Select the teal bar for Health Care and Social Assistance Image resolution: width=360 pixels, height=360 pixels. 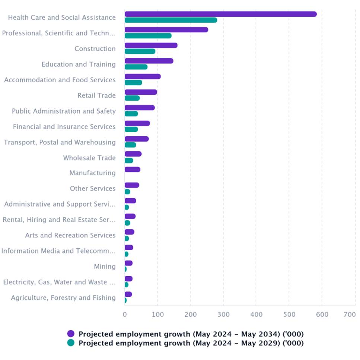(171, 20)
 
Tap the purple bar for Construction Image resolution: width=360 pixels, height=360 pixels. (151, 45)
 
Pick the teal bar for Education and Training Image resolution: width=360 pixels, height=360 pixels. (136, 67)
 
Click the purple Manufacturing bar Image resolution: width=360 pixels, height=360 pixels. (132, 170)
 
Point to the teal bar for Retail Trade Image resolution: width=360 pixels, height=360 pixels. (132, 98)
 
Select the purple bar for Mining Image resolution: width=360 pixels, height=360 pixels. (128, 263)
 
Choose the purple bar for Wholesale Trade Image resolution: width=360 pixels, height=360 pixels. (133, 154)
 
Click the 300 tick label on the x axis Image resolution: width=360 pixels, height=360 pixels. (223, 315)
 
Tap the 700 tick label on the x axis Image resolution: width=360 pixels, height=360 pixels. (350, 315)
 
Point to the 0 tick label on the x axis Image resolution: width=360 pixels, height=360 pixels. (125, 315)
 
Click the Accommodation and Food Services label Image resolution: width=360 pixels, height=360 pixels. (60, 80)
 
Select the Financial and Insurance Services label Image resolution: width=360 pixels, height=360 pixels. (64, 127)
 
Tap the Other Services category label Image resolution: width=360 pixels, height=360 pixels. (93, 189)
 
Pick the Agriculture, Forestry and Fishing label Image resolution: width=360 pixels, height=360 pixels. (63, 298)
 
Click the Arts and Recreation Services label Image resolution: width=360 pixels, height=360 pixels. (70, 236)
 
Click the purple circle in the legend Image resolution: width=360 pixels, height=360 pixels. (71, 334)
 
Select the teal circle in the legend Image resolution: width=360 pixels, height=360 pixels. (71, 343)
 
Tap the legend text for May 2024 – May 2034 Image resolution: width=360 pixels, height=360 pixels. (191, 334)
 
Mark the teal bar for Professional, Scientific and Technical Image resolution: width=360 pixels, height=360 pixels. (148, 36)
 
